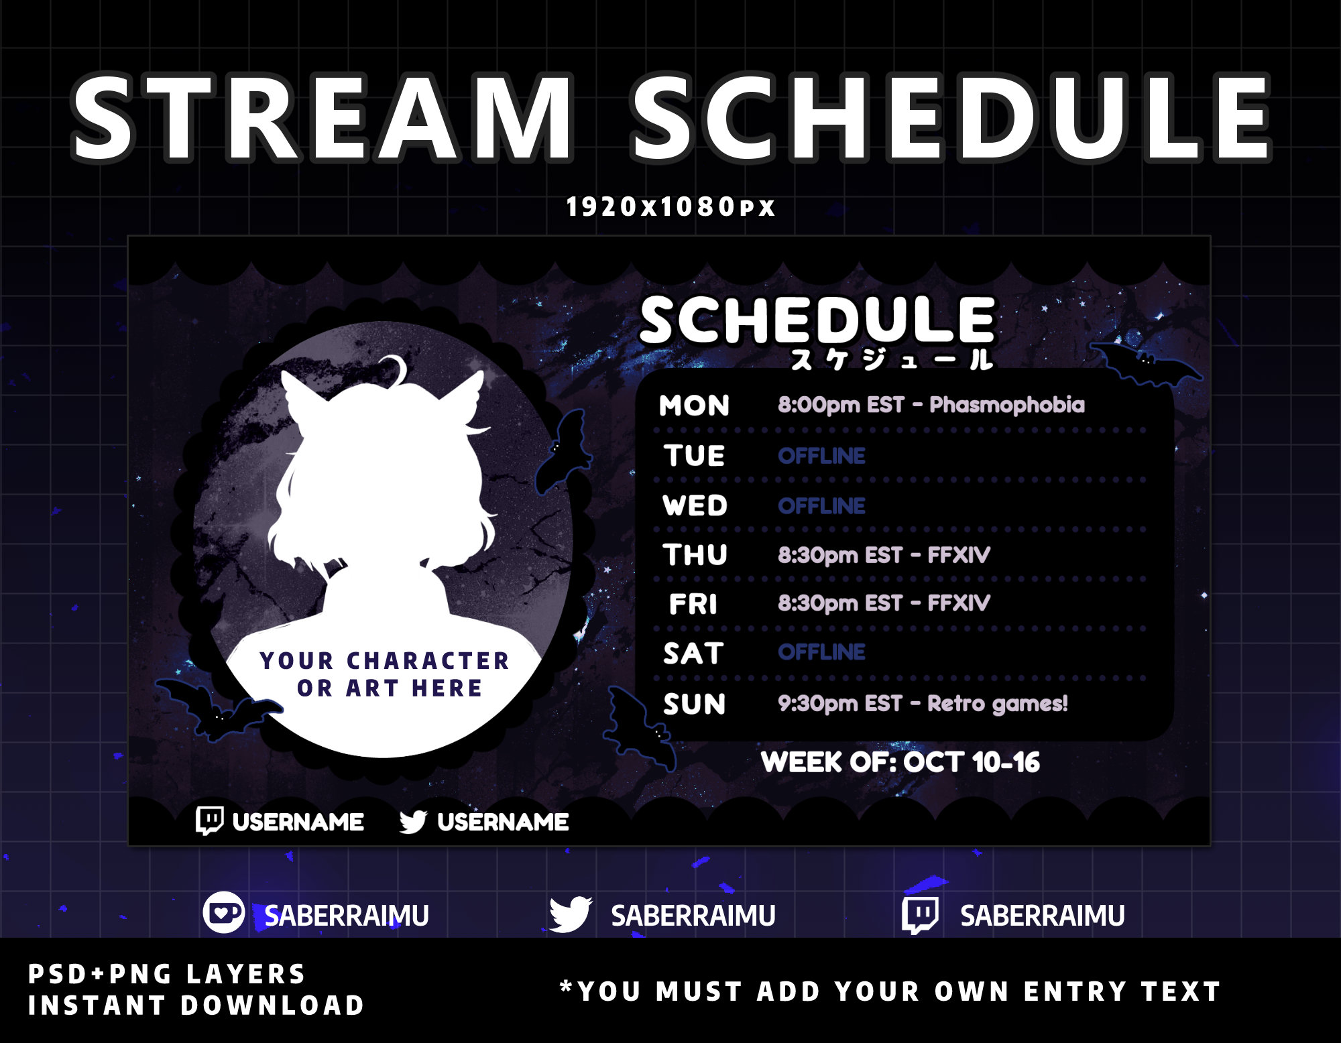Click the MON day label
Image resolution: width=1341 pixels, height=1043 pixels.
click(694, 406)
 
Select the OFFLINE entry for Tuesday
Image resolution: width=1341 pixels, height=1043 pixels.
click(821, 456)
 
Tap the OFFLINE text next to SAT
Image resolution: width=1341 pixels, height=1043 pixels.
click(821, 652)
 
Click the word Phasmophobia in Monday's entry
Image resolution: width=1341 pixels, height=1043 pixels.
click(1006, 405)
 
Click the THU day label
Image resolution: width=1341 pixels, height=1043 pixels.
click(695, 555)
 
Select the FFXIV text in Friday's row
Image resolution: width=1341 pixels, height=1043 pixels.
click(958, 603)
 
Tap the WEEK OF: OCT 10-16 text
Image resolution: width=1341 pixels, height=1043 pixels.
click(900, 762)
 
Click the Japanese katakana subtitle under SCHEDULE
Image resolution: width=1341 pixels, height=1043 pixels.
click(891, 361)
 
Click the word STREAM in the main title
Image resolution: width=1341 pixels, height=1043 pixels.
click(322, 119)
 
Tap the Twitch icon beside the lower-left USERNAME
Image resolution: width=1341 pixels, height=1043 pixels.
click(209, 820)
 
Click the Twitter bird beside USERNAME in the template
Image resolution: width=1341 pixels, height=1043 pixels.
click(413, 821)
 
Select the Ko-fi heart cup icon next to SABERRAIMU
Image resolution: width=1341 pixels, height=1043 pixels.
click(223, 913)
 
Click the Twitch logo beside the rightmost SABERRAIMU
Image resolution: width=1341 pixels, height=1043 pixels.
click(919, 915)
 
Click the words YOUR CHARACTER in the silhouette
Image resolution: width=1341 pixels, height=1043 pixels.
click(384, 661)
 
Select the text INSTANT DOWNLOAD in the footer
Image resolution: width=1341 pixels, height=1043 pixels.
click(196, 1005)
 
